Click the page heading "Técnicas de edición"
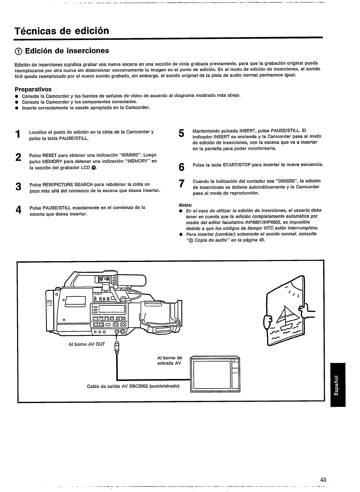point(62,31)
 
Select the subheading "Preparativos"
point(33,89)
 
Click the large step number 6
point(182,167)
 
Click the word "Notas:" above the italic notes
point(185,205)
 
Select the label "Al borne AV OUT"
point(87,344)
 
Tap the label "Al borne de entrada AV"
point(170,361)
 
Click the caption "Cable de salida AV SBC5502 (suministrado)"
point(133,386)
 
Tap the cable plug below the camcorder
point(117,347)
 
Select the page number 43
point(323,479)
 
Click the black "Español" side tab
point(338,385)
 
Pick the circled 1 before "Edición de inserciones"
point(19,51)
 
